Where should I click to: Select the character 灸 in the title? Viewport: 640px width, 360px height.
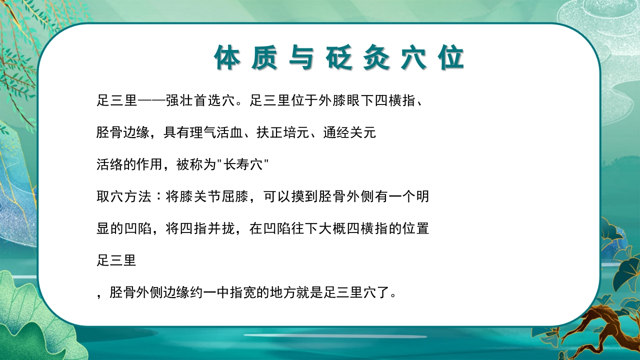tap(377, 58)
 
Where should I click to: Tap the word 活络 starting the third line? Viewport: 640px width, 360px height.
tap(109, 165)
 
